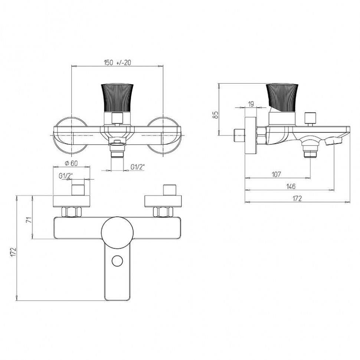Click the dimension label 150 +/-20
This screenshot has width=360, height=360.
[117, 62]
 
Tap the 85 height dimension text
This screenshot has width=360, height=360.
[215, 115]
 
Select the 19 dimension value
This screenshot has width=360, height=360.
[251, 104]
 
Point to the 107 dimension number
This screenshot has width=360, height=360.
[276, 174]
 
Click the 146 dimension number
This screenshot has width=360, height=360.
[291, 186]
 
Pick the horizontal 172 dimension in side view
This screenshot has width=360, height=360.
[297, 198]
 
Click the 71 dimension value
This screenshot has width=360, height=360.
[29, 220]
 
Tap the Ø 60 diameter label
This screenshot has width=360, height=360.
[71, 163]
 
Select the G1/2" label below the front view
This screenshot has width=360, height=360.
[138, 167]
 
